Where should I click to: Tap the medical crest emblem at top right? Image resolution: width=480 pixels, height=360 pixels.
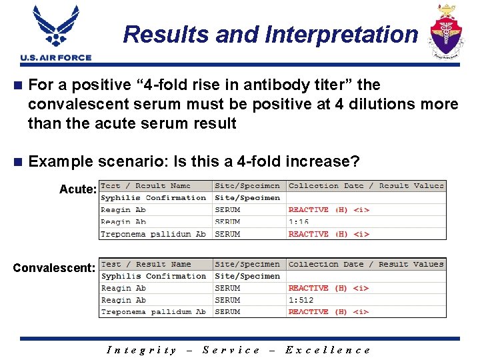(x=445, y=31)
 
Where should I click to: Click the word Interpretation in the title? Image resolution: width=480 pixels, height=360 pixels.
(x=341, y=35)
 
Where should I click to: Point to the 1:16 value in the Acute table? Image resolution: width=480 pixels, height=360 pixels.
(x=299, y=222)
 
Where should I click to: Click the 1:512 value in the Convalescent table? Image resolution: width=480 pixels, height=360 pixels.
(x=301, y=300)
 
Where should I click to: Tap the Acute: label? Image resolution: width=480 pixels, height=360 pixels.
(x=78, y=189)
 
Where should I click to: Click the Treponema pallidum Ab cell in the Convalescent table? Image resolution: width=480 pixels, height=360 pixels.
(x=153, y=311)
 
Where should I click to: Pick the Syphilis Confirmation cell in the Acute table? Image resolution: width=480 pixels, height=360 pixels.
(x=153, y=198)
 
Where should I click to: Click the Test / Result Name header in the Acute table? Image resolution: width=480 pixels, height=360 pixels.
(x=146, y=186)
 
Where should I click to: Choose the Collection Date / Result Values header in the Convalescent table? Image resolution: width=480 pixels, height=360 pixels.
(x=365, y=264)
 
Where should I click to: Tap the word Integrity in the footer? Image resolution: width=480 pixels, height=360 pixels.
(x=142, y=350)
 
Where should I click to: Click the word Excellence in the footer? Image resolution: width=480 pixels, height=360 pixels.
(x=327, y=350)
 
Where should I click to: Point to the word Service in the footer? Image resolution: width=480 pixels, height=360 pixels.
(x=231, y=350)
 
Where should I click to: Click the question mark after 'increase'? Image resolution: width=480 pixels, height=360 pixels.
(x=355, y=161)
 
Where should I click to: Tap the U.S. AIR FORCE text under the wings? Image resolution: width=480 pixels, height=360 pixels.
(x=56, y=58)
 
